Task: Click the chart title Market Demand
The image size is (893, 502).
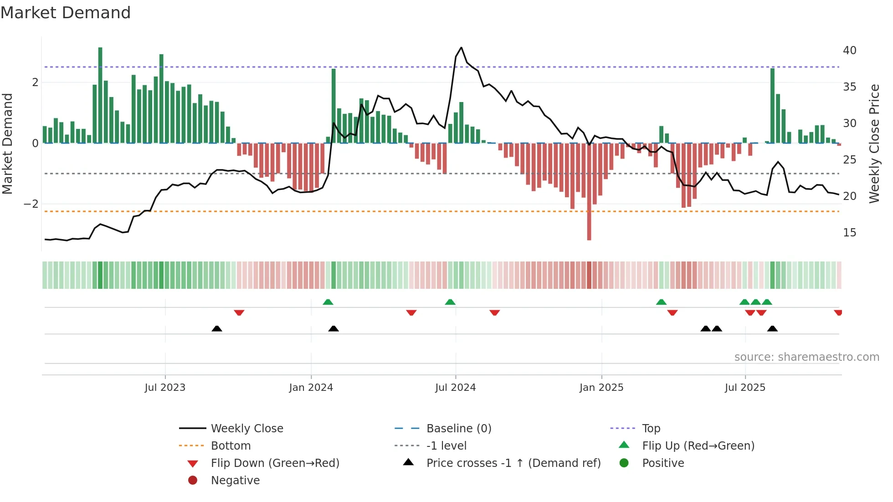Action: tap(66, 13)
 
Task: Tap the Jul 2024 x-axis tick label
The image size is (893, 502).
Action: tap(455, 388)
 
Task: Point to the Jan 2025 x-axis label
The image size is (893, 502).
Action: tap(601, 388)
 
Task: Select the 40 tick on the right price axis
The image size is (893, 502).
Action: tap(849, 51)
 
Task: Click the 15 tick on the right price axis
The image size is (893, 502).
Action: tap(849, 233)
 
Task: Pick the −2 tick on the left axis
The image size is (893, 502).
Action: tap(31, 204)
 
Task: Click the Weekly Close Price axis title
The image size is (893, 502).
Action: tap(874, 143)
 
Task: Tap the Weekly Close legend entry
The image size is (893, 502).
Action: tap(246, 429)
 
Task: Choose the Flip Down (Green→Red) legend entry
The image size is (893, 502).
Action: tap(275, 463)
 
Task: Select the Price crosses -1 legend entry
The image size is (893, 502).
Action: tap(513, 463)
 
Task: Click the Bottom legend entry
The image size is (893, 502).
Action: tap(231, 446)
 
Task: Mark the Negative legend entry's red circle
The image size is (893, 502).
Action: tap(193, 481)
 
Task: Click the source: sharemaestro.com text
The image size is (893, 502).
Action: tap(806, 357)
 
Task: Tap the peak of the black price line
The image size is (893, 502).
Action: tap(461, 48)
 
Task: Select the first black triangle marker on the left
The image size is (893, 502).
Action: tap(217, 328)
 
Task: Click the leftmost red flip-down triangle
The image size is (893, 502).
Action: tap(239, 312)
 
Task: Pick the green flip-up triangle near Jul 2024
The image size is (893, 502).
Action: tap(450, 302)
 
